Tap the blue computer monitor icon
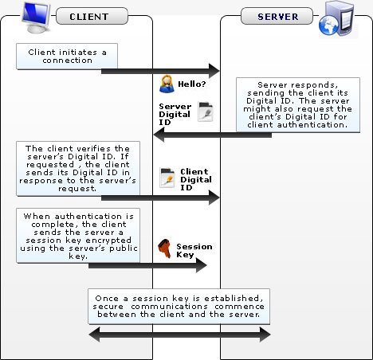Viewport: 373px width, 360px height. click(36, 18)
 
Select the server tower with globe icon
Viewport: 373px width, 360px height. click(336, 18)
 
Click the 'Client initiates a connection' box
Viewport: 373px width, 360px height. click(67, 57)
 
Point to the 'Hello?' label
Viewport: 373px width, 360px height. click(192, 84)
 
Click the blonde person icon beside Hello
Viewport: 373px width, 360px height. click(167, 84)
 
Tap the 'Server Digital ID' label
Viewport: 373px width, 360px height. click(175, 114)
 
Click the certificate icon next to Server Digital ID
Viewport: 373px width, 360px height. click(206, 112)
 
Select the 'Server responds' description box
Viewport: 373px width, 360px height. click(298, 104)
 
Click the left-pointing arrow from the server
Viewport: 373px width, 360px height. click(213, 135)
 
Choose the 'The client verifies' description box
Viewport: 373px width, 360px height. click(78, 168)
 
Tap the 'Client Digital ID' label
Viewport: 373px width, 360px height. click(196, 179)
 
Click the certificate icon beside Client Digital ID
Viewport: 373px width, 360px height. click(167, 178)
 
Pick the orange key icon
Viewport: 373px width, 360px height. click(165, 248)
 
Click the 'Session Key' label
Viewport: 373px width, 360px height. click(194, 250)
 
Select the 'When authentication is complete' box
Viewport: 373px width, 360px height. click(78, 236)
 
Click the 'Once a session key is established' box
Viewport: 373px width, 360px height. click(179, 307)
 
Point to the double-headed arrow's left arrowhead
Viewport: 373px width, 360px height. click(95, 335)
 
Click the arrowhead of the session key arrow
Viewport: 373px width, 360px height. click(202, 265)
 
